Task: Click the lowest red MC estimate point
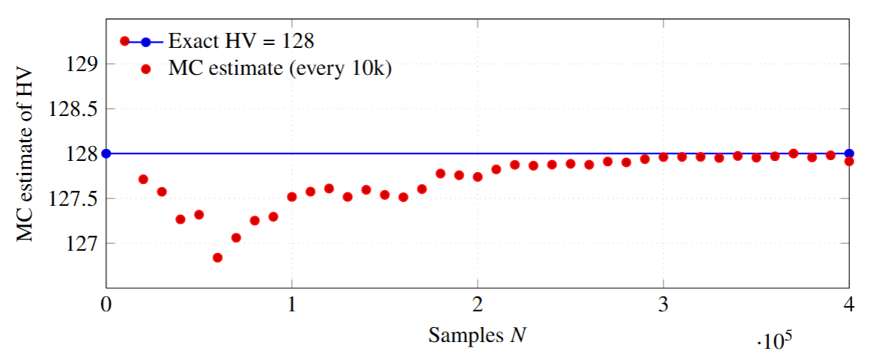coord(218,257)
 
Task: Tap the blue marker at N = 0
coord(106,153)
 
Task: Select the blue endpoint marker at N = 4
coord(850,153)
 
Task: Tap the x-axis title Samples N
coord(477,336)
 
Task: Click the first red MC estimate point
coord(143,180)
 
